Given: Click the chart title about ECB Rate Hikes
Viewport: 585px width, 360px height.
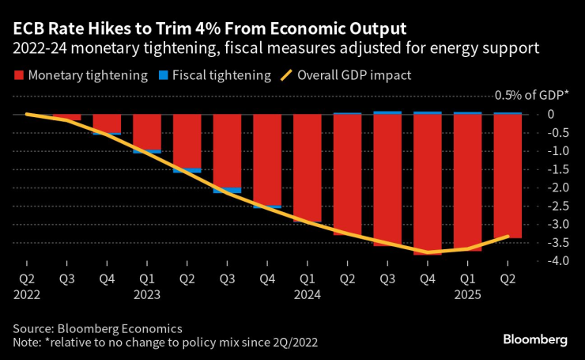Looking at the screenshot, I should [x=209, y=28].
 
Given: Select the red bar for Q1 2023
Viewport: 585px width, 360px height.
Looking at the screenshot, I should [x=147, y=131].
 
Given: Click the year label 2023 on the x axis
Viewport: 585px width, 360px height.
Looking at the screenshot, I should [x=146, y=294].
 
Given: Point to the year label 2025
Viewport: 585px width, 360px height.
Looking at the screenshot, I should [x=467, y=294].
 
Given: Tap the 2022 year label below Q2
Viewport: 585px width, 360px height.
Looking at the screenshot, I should [x=26, y=294].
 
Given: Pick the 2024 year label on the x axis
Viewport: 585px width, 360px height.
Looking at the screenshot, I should [x=307, y=294].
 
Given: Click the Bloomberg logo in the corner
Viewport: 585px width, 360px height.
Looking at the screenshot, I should [x=535, y=339].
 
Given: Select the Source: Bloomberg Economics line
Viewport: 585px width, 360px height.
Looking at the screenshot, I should [x=97, y=328].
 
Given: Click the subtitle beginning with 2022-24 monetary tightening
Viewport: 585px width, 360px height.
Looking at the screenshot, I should [x=276, y=49].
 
